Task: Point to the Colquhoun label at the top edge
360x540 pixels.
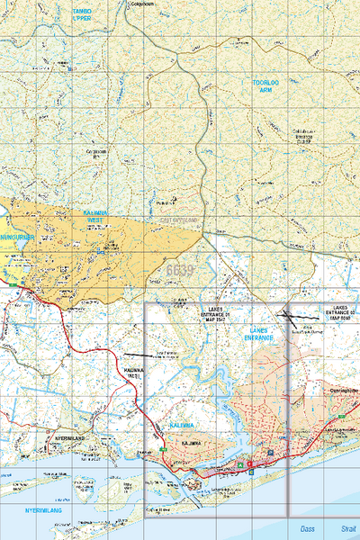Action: pos(144,4)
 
